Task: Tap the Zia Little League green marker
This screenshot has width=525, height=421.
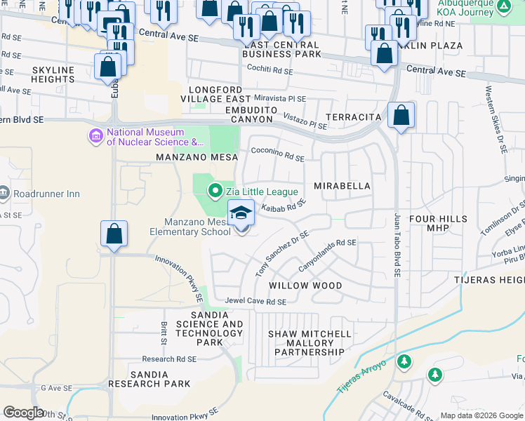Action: [215, 190]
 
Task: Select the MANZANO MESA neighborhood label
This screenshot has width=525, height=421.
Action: [193, 158]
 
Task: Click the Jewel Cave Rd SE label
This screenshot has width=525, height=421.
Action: [255, 302]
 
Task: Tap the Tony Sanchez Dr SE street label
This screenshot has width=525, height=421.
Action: [281, 254]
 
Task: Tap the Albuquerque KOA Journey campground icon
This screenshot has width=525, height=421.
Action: [503, 6]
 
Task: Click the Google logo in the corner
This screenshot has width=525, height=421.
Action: [23, 413]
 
